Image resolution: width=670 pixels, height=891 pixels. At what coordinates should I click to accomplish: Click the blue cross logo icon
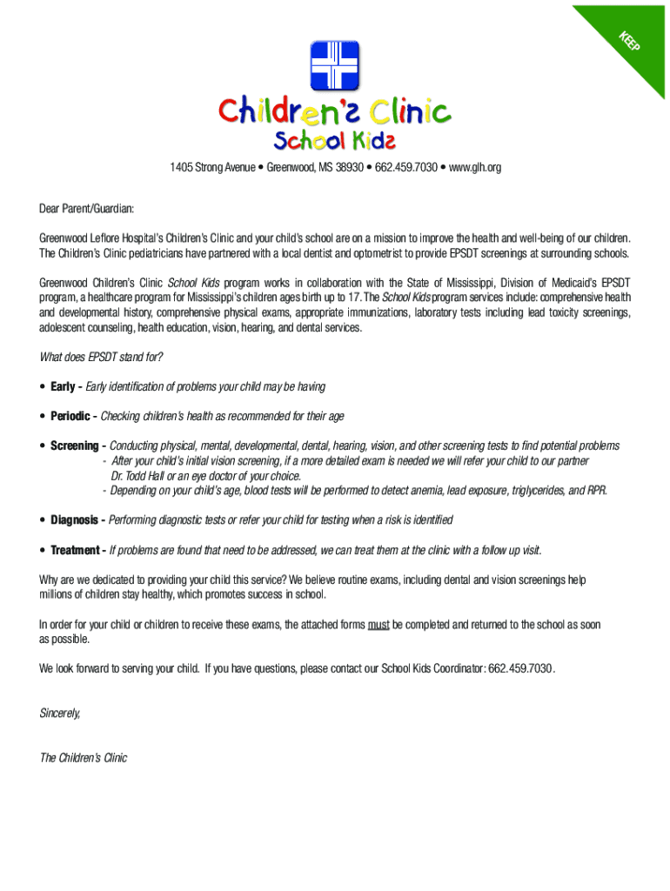tap(335, 66)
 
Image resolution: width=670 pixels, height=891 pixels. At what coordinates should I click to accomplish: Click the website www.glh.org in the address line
tap(475, 167)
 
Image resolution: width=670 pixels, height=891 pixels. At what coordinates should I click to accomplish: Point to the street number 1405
tap(181, 167)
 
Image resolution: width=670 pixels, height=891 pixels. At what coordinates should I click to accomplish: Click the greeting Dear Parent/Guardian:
tap(87, 209)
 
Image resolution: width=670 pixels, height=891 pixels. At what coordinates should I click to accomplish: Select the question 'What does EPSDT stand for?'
tap(101, 357)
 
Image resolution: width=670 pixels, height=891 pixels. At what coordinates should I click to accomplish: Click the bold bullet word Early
tap(63, 386)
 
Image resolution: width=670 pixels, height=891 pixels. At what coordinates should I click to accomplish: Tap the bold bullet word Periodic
tap(70, 416)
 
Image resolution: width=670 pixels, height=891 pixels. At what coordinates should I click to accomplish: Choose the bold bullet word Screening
tap(74, 445)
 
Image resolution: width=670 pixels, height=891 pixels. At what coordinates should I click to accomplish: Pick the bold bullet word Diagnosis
tap(74, 520)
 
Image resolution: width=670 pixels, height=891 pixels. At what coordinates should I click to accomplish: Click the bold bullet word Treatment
tap(76, 550)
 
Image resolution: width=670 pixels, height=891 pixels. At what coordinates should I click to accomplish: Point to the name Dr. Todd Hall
tap(144, 476)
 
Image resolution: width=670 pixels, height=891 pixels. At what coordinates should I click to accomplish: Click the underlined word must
tap(378, 625)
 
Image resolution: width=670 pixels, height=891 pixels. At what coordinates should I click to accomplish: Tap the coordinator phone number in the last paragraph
tap(520, 668)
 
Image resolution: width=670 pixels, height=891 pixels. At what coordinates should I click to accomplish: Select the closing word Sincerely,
tap(60, 713)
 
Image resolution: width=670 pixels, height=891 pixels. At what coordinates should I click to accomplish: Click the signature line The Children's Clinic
tap(84, 758)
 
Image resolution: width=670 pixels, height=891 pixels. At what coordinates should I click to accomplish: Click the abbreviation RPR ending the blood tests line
tap(596, 491)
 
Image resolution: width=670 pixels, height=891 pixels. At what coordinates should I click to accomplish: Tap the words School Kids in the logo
tap(335, 140)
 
